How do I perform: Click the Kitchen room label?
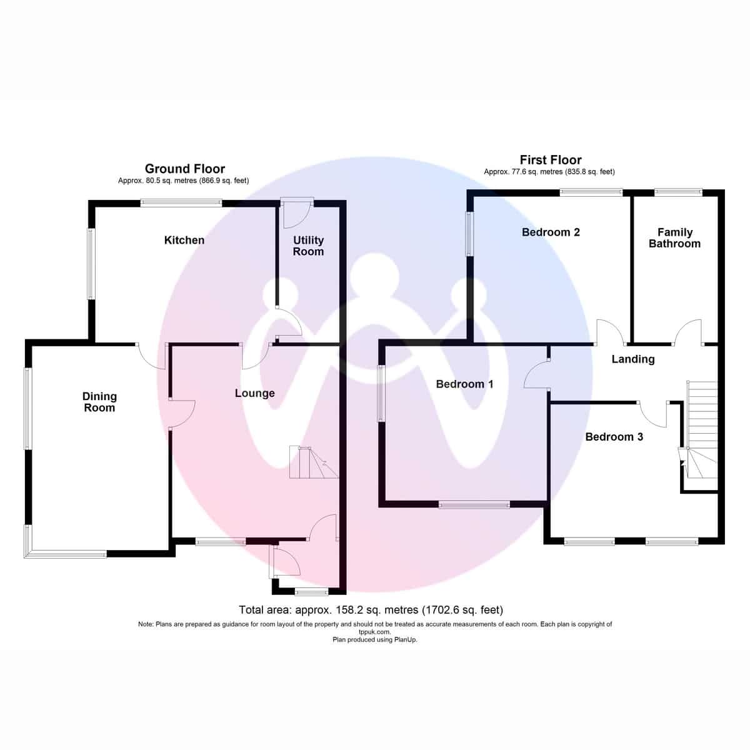[x=184, y=240]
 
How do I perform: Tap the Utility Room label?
[x=308, y=246]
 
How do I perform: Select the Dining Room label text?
[x=99, y=402]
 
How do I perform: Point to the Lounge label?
[x=254, y=394]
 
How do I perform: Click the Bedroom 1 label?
[x=464, y=384]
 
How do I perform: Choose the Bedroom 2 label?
[x=551, y=232]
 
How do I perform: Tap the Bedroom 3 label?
[x=614, y=437]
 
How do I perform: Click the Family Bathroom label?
[x=674, y=237]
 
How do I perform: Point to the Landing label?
[x=633, y=359]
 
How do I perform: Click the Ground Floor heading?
[x=185, y=169]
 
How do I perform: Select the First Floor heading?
[x=551, y=159]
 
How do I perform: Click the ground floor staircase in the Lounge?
[x=314, y=462]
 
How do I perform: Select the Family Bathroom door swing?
[x=688, y=332]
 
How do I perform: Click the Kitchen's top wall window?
[x=181, y=202]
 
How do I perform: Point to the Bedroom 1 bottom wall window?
[x=474, y=505]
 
